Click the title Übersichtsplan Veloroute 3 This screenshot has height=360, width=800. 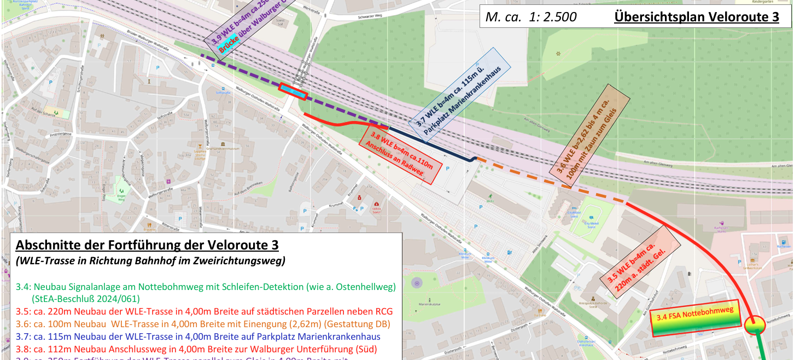point(696,17)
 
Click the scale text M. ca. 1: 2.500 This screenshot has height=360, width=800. point(530,18)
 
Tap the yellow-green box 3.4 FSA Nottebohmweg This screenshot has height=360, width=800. point(695,318)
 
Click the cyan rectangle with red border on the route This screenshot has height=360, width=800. point(293,91)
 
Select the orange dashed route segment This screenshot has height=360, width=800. point(547,179)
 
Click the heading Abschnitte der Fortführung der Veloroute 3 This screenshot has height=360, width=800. point(148,245)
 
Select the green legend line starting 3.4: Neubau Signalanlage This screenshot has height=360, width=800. point(205,287)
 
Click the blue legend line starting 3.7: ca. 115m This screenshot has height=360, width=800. point(198,336)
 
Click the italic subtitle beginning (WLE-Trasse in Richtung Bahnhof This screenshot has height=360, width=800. point(150,261)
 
